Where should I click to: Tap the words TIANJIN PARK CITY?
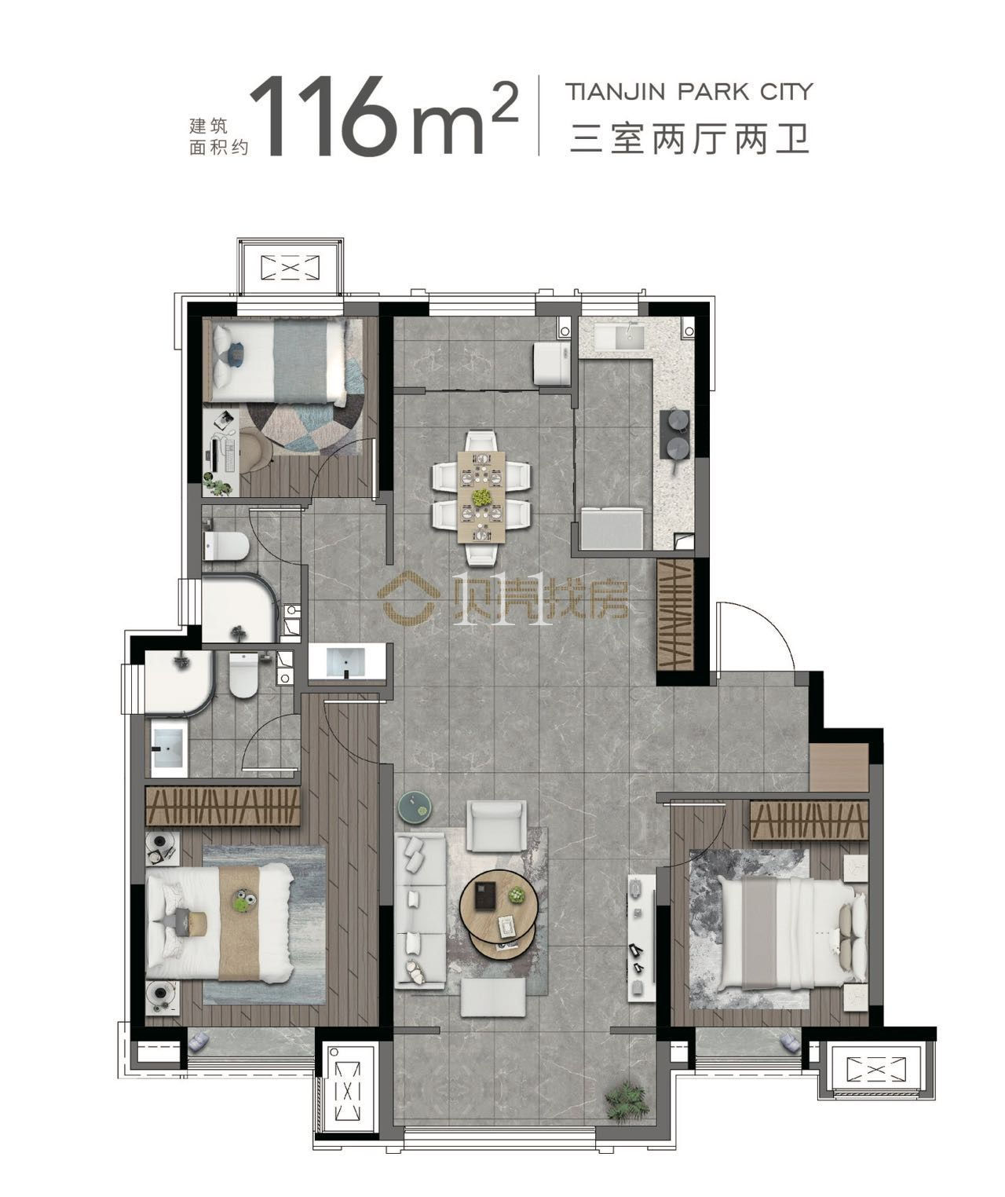tap(689, 92)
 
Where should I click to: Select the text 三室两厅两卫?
tap(689, 139)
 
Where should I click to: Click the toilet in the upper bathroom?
tap(226, 545)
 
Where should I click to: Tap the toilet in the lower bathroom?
tap(243, 675)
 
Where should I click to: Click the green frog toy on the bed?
tap(245, 901)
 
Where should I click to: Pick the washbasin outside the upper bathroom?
tap(345, 662)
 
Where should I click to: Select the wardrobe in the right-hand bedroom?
tap(809, 820)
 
